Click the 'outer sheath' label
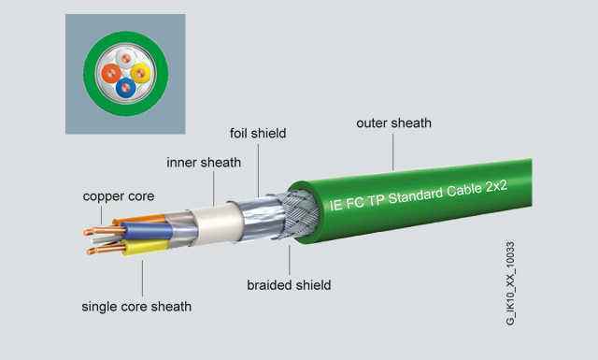click(393, 122)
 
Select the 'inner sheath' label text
click(204, 162)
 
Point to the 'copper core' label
click(118, 196)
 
